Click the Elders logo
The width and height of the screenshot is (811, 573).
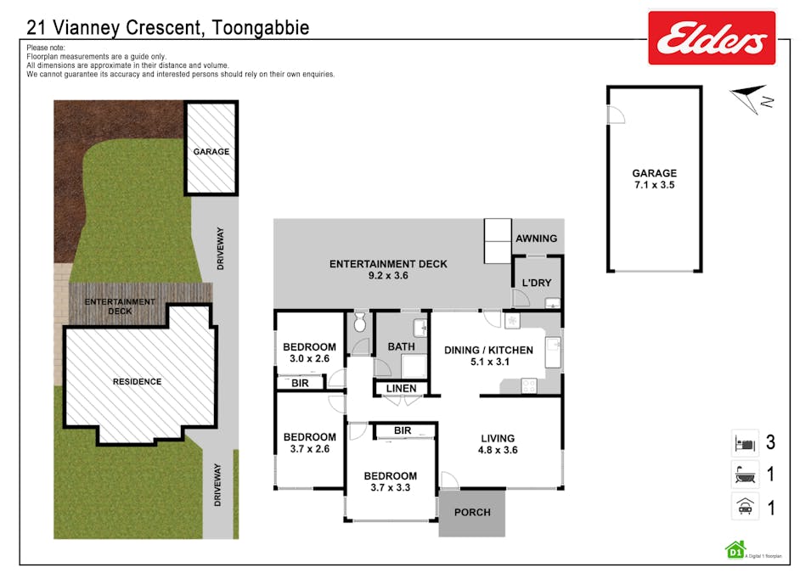click(x=712, y=38)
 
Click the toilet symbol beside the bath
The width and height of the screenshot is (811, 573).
click(x=360, y=323)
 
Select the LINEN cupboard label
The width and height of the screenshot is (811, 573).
click(x=402, y=389)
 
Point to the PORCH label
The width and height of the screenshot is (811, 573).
click(x=472, y=512)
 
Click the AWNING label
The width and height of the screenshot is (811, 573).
click(x=537, y=239)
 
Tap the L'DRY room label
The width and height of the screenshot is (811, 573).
click(x=537, y=282)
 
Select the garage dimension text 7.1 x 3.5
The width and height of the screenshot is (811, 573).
click(x=654, y=184)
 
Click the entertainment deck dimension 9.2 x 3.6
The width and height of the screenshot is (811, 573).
click(x=388, y=276)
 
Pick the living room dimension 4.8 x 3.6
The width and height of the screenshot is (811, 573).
click(x=499, y=451)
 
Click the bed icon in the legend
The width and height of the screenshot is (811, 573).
click(x=744, y=442)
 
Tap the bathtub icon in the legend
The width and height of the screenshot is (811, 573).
click(x=744, y=474)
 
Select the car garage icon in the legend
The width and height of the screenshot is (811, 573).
click(x=744, y=507)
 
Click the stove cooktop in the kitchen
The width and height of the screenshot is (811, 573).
click(x=528, y=385)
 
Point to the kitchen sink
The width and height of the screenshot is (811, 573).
click(x=554, y=345)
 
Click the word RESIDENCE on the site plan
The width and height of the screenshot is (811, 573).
click(x=137, y=382)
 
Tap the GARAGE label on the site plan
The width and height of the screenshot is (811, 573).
click(x=211, y=152)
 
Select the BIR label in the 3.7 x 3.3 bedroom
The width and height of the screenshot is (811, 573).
click(x=403, y=431)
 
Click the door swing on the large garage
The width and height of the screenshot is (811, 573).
click(x=616, y=115)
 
